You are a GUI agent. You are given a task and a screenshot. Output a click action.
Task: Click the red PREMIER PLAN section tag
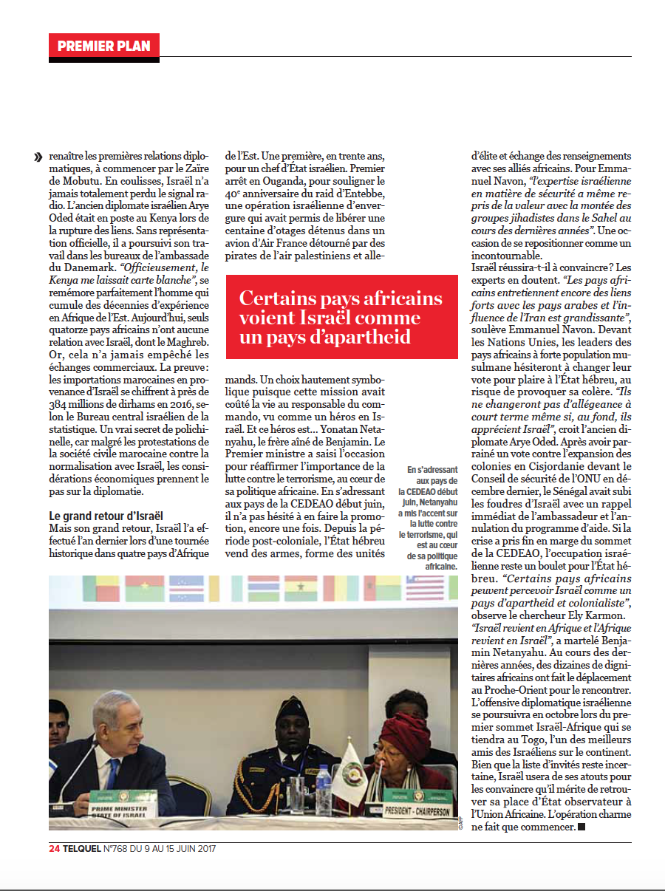tap(104, 46)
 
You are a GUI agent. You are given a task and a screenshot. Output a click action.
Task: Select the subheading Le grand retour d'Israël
tap(106, 515)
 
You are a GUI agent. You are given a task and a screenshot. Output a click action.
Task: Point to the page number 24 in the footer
tap(54, 849)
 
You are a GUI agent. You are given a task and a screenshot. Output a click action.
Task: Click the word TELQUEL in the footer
tap(85, 849)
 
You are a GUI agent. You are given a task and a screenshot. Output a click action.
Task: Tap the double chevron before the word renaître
tap(38, 157)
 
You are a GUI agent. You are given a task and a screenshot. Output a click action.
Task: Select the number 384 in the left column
tap(63, 406)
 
